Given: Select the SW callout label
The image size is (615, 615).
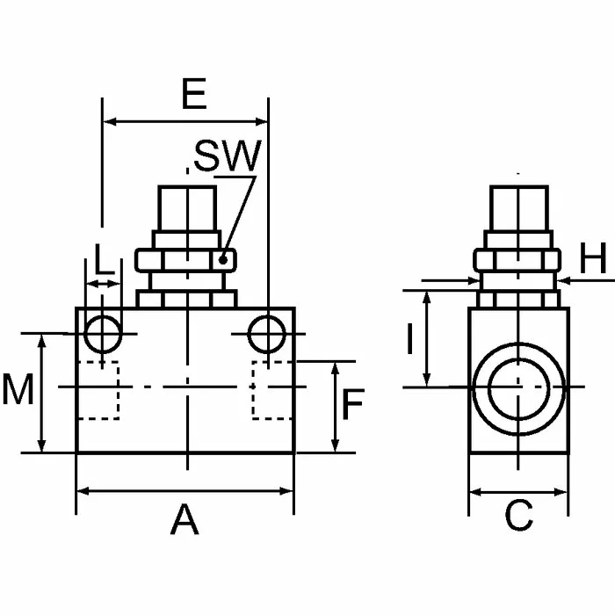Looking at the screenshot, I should [227, 156].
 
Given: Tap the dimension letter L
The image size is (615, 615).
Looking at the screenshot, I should [104, 259].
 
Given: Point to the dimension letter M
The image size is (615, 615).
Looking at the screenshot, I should [18, 390].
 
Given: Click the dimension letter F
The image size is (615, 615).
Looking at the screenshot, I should [352, 405].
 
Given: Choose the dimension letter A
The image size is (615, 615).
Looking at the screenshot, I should [184, 520].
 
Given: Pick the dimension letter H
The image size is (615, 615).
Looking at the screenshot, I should [594, 259].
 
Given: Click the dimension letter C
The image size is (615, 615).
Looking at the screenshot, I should [518, 517].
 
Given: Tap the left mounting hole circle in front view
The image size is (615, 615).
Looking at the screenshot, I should [104, 334].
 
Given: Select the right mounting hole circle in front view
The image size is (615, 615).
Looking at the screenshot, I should [267, 334].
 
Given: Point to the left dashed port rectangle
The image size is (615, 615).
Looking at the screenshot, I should [98, 390].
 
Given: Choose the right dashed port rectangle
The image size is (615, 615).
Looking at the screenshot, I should [273, 390].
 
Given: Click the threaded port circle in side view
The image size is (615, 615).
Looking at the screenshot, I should [518, 387].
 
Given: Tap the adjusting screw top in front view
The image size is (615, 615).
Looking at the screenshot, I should [185, 207].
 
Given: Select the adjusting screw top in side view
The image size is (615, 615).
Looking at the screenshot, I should [518, 207].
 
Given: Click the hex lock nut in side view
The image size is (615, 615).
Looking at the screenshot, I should [518, 260].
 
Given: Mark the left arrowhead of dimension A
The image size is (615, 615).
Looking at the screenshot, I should [82, 490].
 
